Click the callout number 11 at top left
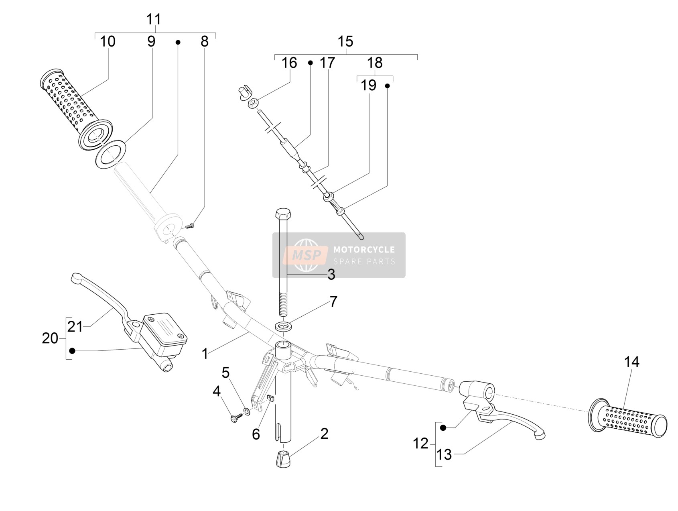click(154, 19)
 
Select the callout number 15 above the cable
click(345, 41)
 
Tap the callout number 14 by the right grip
click(631, 362)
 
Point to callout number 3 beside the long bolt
click(331, 275)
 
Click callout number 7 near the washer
click(333, 301)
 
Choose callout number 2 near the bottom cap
click(324, 434)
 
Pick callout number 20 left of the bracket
click(50, 338)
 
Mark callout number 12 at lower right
click(421, 444)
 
